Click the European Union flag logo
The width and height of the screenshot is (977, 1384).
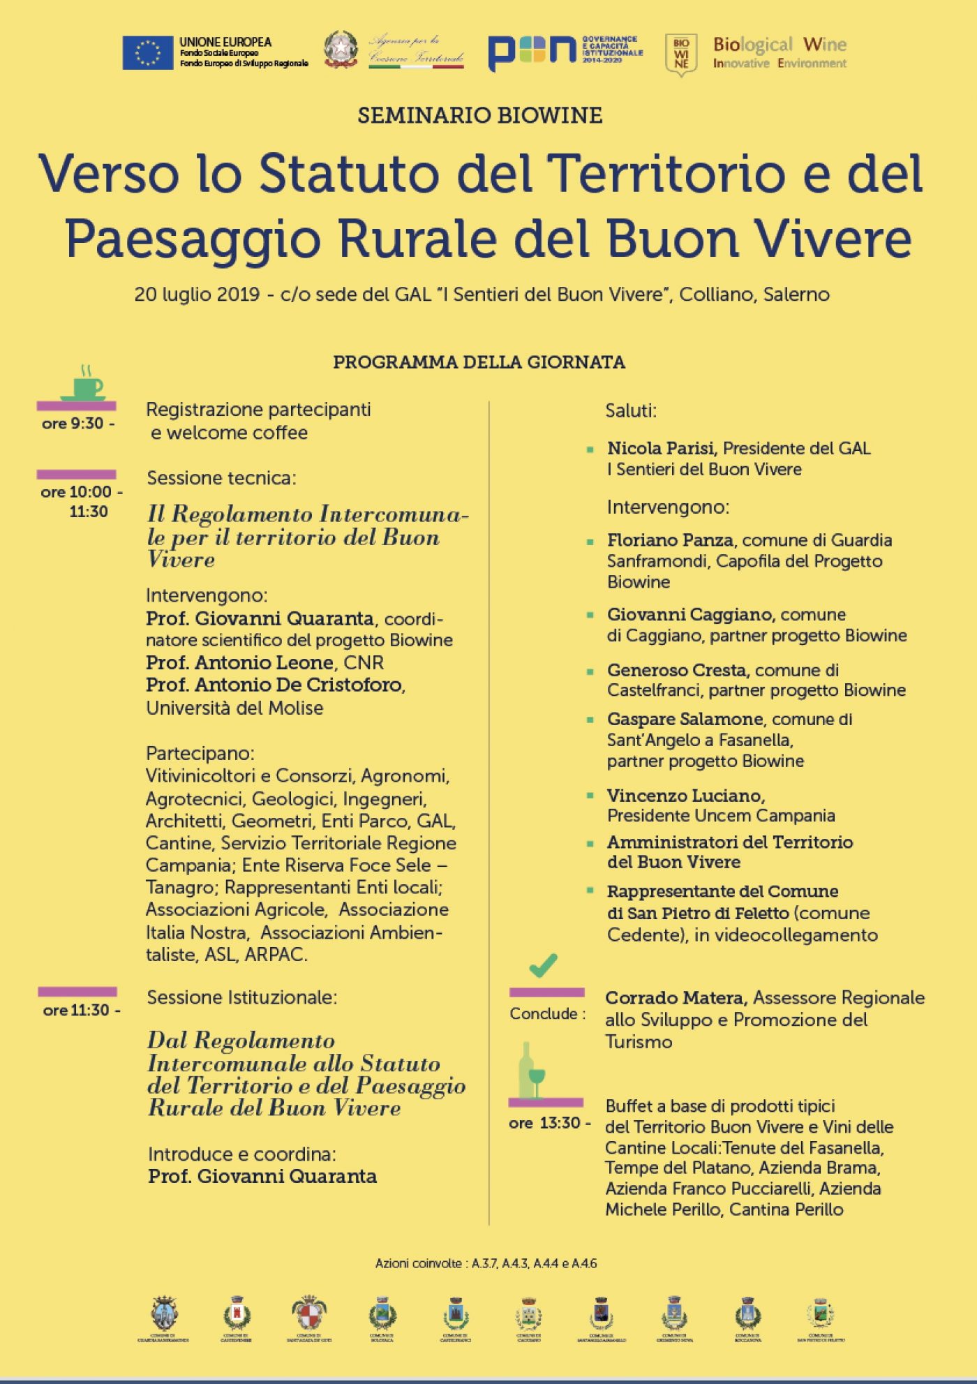147,53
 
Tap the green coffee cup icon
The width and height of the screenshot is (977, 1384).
85,383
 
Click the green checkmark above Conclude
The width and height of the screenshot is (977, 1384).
543,965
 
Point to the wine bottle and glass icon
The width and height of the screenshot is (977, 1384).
531,1071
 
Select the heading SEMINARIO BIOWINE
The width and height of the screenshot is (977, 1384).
479,115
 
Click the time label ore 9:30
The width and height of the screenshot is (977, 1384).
77,424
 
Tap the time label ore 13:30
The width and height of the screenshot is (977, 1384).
549,1123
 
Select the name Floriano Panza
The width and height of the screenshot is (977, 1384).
669,540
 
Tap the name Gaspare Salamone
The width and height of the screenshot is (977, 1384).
685,719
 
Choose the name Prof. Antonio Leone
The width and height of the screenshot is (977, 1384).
239,662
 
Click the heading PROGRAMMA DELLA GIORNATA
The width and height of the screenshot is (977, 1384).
479,362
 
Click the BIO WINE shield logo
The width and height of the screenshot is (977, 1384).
681,54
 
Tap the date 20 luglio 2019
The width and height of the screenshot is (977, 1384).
197,295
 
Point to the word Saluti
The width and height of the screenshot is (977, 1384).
631,410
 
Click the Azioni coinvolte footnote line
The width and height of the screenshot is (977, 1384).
486,1263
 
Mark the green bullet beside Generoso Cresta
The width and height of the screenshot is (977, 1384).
590,671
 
